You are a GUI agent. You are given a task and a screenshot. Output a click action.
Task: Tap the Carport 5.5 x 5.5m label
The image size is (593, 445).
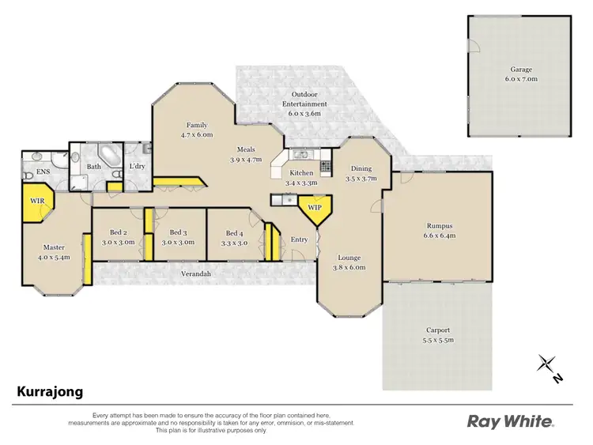tap(437, 335)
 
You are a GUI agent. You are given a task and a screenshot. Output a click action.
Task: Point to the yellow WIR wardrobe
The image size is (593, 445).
tap(37, 202)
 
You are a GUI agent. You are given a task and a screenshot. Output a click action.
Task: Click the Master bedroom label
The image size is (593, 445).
tap(54, 251)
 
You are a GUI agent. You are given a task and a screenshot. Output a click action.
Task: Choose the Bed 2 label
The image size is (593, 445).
tap(118, 237)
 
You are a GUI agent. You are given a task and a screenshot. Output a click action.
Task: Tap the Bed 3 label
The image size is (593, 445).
tap(178, 237)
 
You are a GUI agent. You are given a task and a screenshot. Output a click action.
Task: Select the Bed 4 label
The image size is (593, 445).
tap(235, 238)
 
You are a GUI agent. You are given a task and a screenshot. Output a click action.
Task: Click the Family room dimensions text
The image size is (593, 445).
tap(197, 135)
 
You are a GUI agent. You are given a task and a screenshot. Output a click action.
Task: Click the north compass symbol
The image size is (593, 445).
tap(548, 365)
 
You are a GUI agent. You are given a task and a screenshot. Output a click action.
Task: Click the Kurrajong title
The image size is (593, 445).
tap(50, 391)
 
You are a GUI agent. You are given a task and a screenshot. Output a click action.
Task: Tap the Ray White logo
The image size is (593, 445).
tap(511, 420)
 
